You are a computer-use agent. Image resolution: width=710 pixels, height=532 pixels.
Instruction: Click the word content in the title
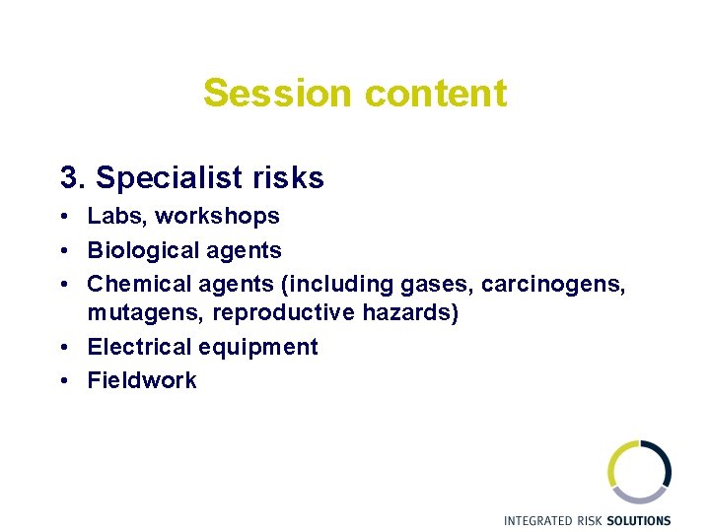pyautogui.click(x=435, y=94)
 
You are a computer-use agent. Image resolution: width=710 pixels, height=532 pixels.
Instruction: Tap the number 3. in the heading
pyautogui.click(x=74, y=178)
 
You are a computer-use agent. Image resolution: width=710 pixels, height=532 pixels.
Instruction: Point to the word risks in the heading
pyautogui.click(x=287, y=178)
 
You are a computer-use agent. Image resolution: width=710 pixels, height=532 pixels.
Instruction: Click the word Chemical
pyautogui.click(x=132, y=284)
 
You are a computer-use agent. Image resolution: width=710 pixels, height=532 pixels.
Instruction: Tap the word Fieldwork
pyautogui.click(x=142, y=380)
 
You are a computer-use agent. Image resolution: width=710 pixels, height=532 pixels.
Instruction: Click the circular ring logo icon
pyautogui.click(x=639, y=472)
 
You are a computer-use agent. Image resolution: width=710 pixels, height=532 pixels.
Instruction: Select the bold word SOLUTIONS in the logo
pyautogui.click(x=638, y=520)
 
